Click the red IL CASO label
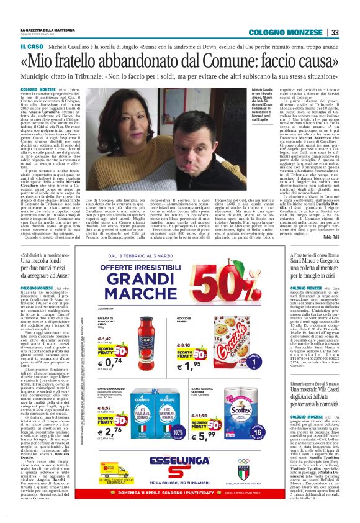pos(31,47)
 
